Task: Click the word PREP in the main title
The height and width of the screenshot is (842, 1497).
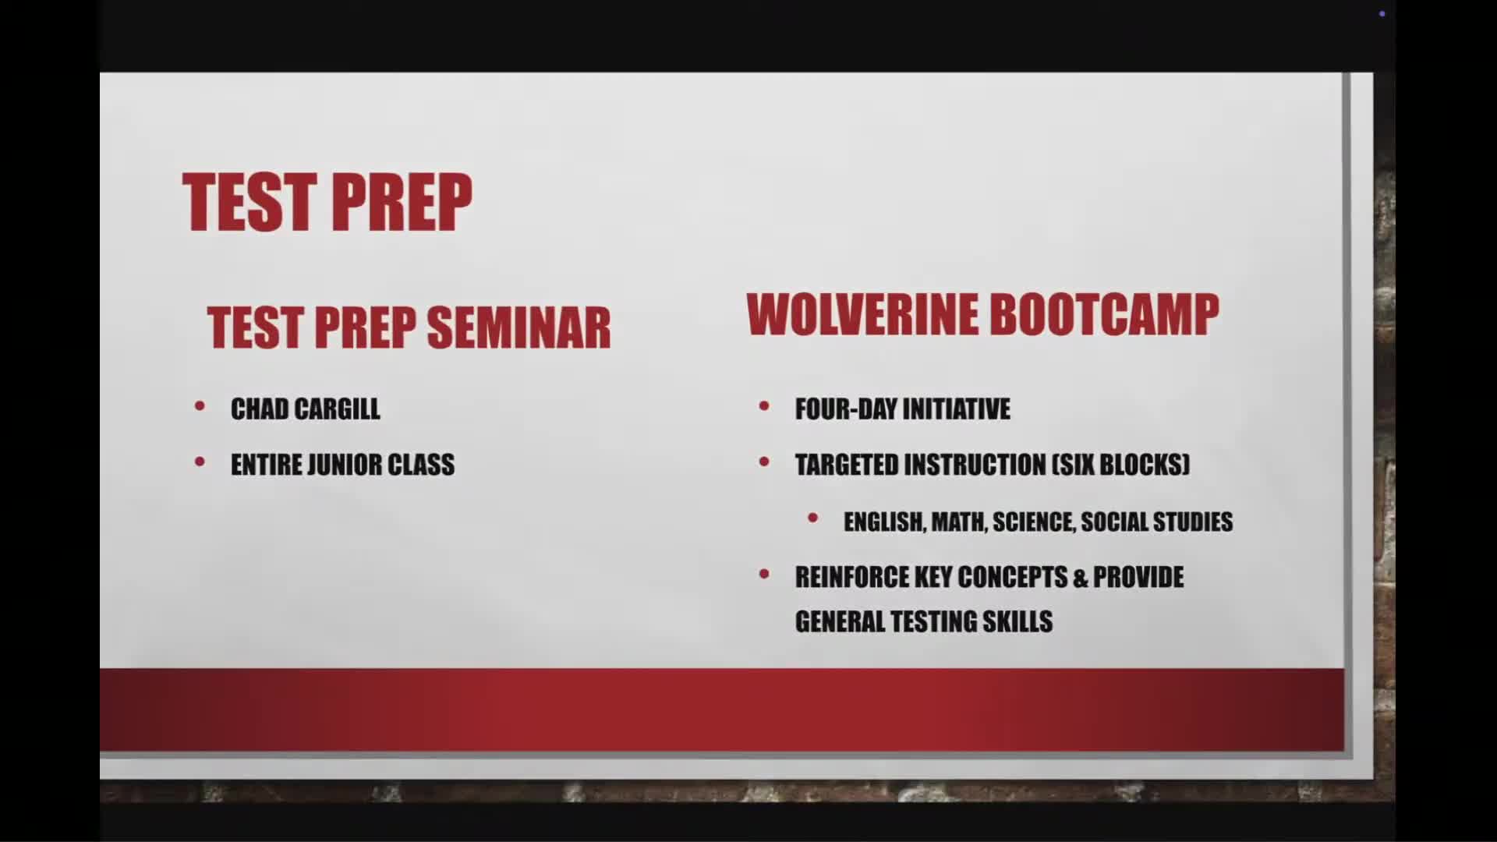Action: (x=405, y=202)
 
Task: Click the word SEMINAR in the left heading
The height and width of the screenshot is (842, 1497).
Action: (x=518, y=327)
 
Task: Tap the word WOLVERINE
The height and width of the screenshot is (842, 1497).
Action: (x=861, y=314)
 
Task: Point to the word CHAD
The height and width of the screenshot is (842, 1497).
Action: (x=260, y=409)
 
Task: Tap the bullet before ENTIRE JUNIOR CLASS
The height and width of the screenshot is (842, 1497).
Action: (x=200, y=462)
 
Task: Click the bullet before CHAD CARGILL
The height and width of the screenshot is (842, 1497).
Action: (x=200, y=406)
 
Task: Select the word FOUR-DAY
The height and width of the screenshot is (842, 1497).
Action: (x=845, y=409)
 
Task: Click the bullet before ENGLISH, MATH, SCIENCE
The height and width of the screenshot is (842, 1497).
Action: (x=812, y=518)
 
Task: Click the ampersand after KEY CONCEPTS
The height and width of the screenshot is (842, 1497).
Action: (x=1080, y=578)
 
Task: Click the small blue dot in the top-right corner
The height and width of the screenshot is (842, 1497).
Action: (x=1382, y=14)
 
